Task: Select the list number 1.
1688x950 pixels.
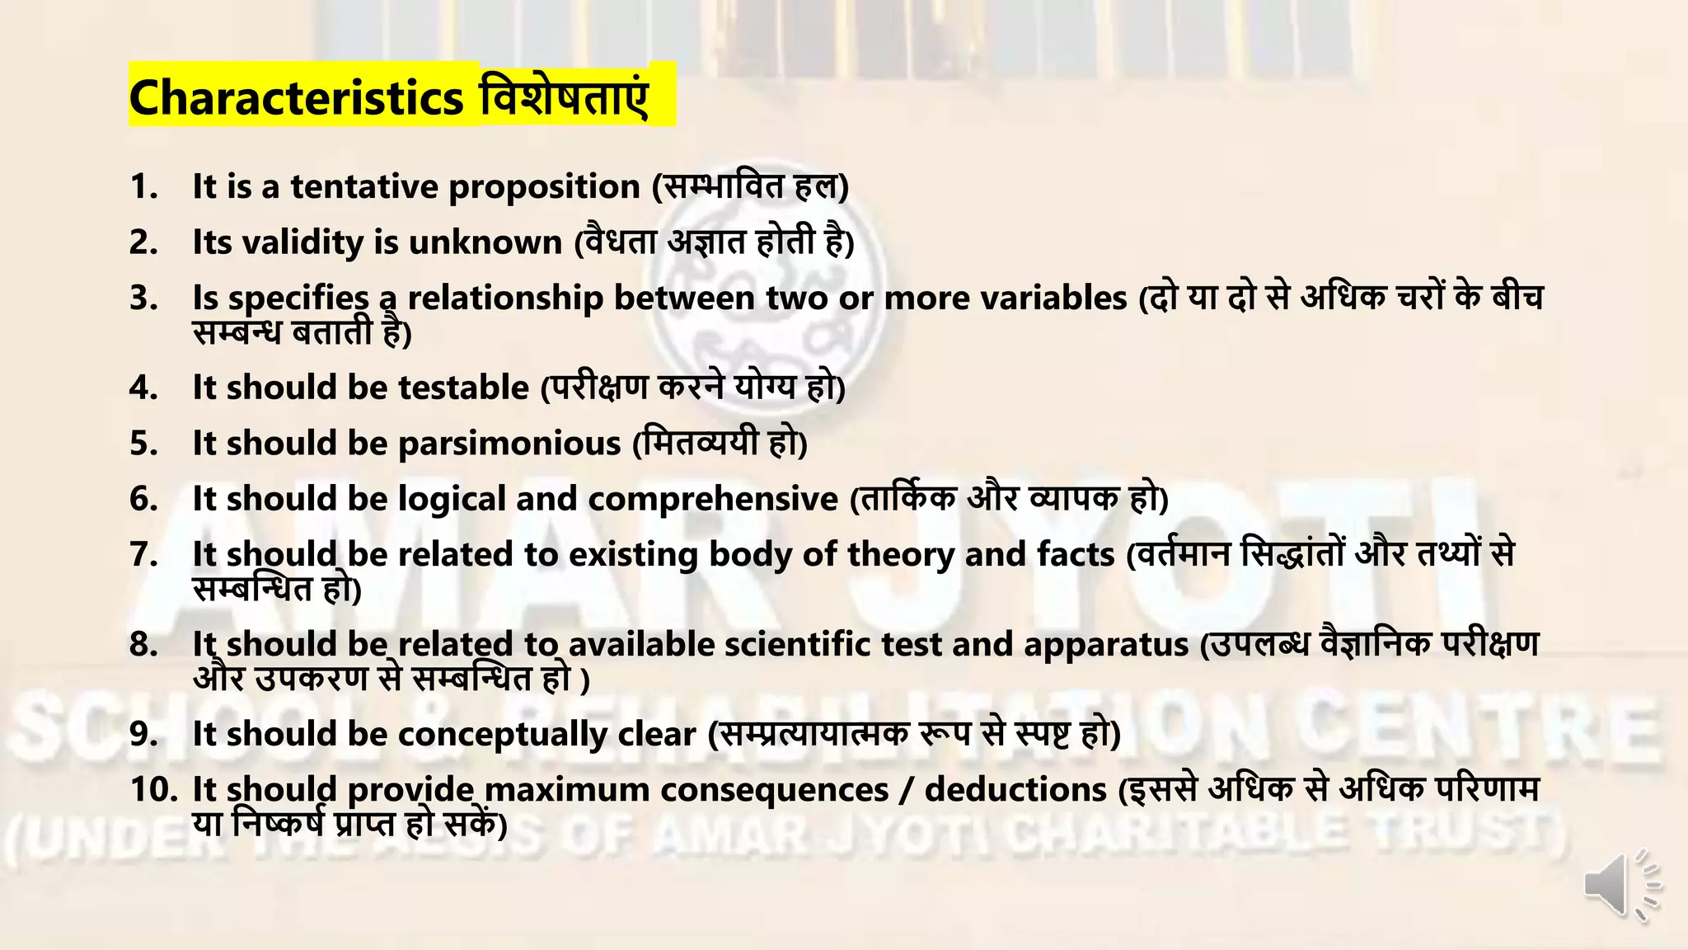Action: pyautogui.click(x=143, y=186)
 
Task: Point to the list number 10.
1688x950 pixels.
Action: pyautogui.click(x=153, y=789)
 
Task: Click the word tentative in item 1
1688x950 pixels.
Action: pyautogui.click(x=363, y=186)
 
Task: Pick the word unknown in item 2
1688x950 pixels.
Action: pyautogui.click(x=485, y=242)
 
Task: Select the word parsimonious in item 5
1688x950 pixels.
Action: pyautogui.click(x=509, y=444)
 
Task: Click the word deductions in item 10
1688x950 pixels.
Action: pyautogui.click(x=1015, y=789)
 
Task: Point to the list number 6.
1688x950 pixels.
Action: pyautogui.click(x=143, y=499)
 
